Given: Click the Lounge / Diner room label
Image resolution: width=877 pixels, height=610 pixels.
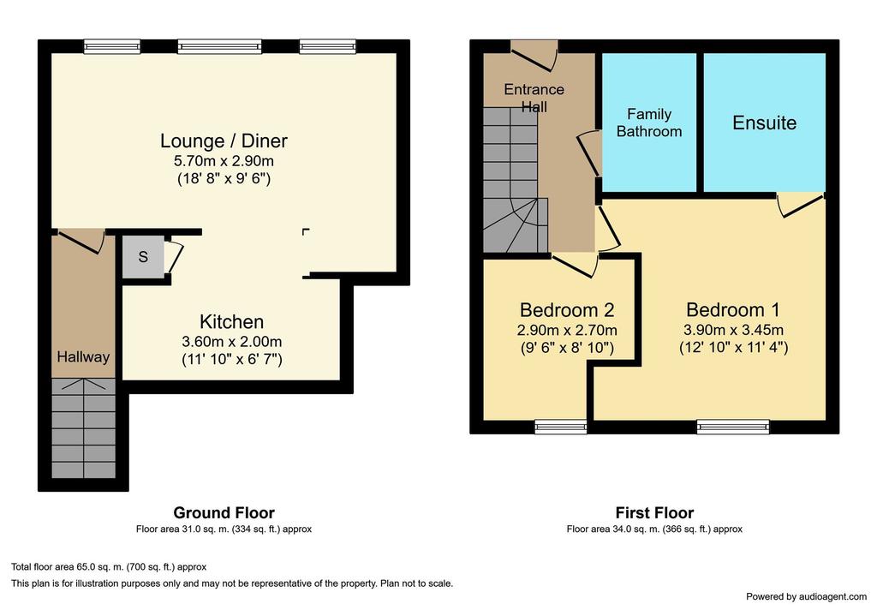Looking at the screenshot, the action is point(224,141).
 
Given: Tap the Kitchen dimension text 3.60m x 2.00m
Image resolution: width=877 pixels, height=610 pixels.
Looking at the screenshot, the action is point(231,341).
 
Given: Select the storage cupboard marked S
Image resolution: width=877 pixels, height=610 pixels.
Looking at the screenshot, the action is point(143,257).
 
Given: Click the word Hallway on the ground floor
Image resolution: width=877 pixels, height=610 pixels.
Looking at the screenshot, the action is point(83,357).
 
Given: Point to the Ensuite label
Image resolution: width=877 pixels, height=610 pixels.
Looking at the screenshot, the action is point(764,123).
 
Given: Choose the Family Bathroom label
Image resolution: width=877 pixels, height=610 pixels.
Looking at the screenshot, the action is point(649,123).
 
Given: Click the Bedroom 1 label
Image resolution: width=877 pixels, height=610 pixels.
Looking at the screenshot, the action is point(733,309).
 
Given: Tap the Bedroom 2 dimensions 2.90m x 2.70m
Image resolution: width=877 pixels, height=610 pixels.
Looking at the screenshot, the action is point(567,330).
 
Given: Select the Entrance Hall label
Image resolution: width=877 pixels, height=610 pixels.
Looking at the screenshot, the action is point(534,98).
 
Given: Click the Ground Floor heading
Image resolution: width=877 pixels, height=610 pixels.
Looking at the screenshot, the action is point(224,512).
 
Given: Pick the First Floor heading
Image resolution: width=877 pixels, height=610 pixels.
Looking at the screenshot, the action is point(654,512).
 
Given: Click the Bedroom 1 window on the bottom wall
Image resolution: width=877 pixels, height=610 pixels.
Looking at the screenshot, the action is point(733,427).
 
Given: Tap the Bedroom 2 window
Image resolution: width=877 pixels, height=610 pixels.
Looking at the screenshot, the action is point(561,427).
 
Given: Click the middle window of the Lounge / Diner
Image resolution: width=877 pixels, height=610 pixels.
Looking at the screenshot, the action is point(219,46).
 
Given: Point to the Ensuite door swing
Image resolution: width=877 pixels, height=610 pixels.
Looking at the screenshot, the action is point(801,205).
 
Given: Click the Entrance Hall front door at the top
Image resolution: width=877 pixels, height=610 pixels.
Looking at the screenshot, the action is point(534,57).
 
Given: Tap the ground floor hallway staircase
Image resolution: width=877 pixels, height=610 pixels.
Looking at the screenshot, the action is point(84,428).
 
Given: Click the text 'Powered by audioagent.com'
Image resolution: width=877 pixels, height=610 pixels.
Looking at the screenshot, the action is point(806,596).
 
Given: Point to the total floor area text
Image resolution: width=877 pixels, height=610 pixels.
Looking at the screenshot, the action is point(109,567).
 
